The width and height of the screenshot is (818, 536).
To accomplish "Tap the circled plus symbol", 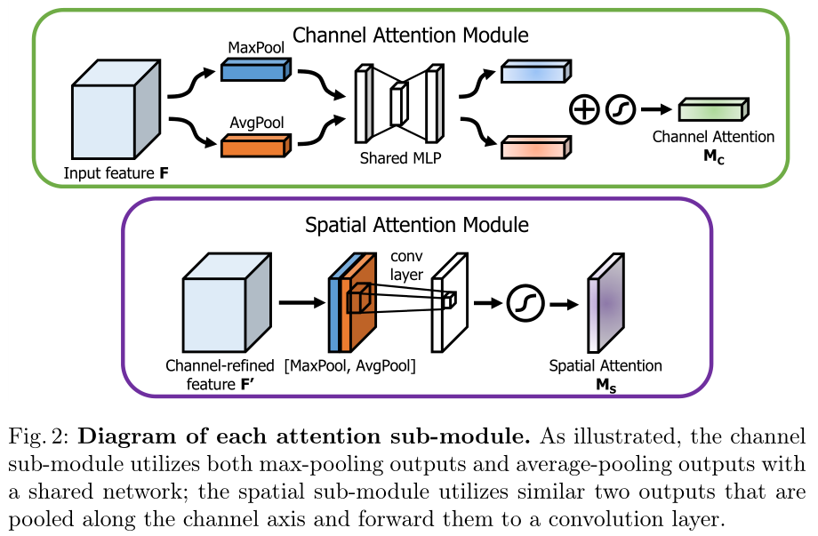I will click(x=583, y=109).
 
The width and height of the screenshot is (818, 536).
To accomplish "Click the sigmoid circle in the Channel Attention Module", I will click(x=621, y=109).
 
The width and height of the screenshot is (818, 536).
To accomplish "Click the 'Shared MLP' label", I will click(x=400, y=158).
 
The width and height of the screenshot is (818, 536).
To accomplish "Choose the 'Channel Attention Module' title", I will click(x=411, y=36).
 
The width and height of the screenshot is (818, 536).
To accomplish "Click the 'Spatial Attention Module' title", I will click(x=417, y=225).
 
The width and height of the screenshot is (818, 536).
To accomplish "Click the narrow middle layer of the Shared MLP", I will click(x=398, y=104).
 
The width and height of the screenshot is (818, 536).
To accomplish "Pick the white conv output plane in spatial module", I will click(x=448, y=302).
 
